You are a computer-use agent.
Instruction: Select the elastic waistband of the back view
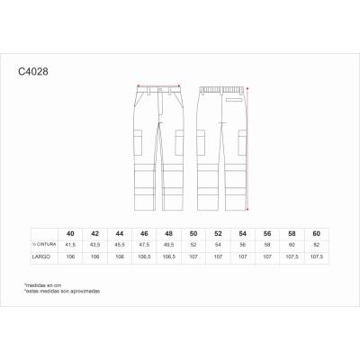coord(221,87)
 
